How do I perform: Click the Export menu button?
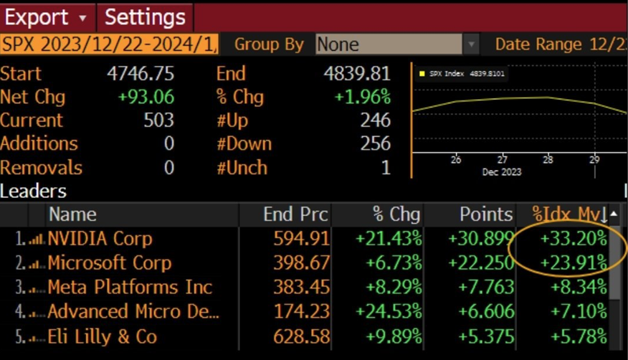(x=47, y=16)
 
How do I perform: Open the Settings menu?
(x=146, y=16)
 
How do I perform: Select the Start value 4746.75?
(x=141, y=73)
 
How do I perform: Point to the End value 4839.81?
(x=359, y=73)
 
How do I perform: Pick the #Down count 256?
(x=376, y=143)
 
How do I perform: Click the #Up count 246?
(x=376, y=120)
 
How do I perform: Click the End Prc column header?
(x=296, y=214)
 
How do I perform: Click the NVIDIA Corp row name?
(x=100, y=238)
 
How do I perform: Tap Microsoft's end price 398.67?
(x=302, y=262)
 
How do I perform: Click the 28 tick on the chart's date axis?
(x=548, y=159)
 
